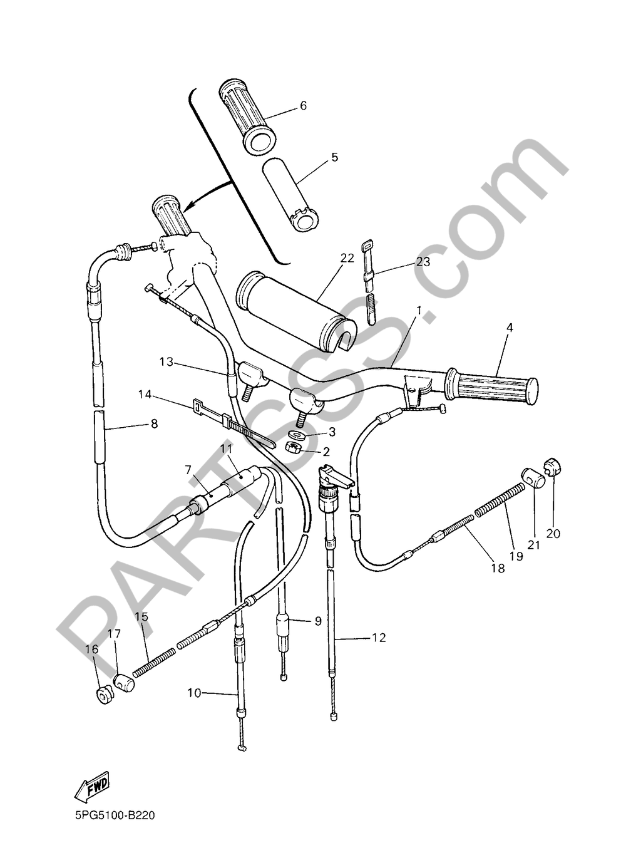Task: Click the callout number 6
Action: click(x=304, y=106)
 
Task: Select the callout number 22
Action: click(x=347, y=258)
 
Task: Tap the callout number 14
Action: click(x=145, y=394)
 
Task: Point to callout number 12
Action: click(x=379, y=638)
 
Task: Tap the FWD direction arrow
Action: click(x=91, y=786)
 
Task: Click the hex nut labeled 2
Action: click(x=292, y=447)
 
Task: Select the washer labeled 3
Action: click(x=297, y=434)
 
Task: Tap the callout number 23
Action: click(x=423, y=262)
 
